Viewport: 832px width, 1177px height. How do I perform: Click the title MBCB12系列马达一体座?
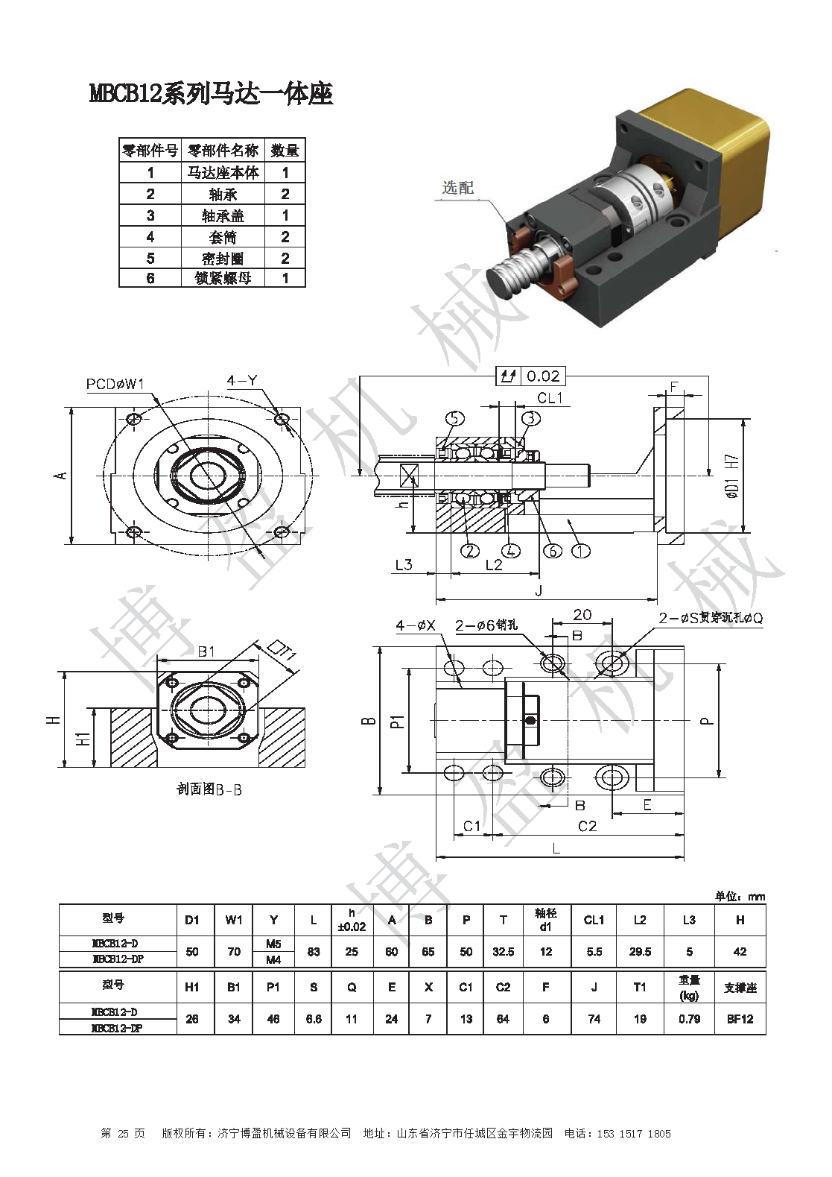(x=211, y=94)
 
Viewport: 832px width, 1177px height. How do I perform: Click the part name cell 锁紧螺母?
(x=223, y=279)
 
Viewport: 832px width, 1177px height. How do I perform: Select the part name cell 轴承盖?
(x=223, y=215)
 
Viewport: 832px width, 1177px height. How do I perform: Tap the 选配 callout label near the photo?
(x=457, y=188)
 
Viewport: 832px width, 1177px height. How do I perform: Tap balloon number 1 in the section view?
(x=580, y=550)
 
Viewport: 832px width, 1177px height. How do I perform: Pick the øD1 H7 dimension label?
(x=732, y=476)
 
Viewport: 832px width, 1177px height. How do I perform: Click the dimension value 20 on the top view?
(x=582, y=615)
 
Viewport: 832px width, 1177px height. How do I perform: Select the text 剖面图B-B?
(x=209, y=789)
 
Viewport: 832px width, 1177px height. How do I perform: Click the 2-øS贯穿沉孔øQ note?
(x=711, y=619)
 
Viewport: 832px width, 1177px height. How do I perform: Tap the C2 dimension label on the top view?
(x=588, y=825)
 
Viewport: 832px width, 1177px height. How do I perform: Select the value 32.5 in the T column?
(x=504, y=951)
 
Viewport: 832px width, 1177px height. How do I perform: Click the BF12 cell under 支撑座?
(x=740, y=1018)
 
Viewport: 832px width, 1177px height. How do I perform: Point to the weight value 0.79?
(x=689, y=1018)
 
